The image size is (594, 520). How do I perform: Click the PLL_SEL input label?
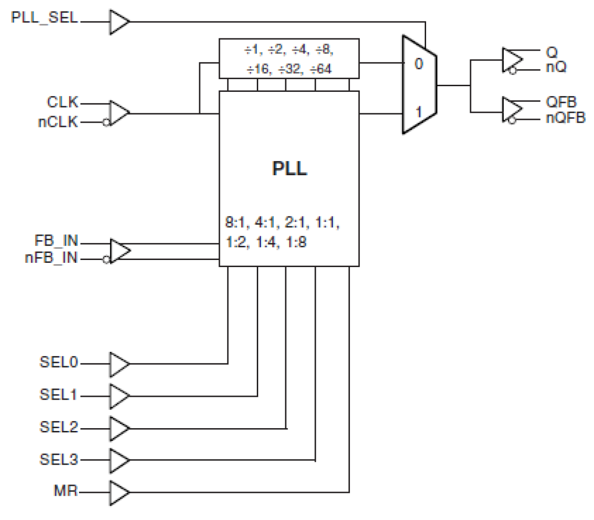[44, 18]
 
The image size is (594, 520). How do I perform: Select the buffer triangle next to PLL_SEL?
[119, 22]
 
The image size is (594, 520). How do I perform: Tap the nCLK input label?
[58, 122]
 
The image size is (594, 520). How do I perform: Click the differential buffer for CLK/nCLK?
[119, 113]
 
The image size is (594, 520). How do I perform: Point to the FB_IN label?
[56, 241]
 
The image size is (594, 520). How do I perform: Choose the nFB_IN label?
[51, 259]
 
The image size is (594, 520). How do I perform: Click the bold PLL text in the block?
[289, 168]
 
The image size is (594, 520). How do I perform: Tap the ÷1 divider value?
[252, 49]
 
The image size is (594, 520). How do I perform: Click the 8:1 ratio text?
[236, 222]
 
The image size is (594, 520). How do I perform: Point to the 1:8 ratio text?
[296, 242]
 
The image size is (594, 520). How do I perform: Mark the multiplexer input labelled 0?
[419, 64]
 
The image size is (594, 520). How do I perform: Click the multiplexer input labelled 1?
[419, 112]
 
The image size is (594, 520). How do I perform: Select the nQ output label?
[556, 67]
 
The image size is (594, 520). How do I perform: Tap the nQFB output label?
[565, 117]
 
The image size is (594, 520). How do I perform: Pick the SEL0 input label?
[59, 362]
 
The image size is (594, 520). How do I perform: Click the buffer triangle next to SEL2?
[119, 428]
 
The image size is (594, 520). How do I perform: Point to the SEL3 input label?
[59, 459]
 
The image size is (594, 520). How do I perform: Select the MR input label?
[66, 491]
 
